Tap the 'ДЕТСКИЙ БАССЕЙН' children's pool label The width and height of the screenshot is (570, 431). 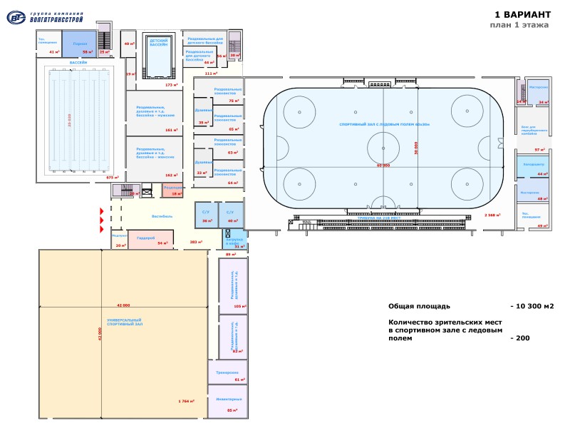[x=158, y=43]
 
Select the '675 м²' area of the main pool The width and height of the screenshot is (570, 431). [x=111, y=177]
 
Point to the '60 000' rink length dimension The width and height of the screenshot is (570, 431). [x=383, y=166]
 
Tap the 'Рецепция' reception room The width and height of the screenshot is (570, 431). [x=172, y=187]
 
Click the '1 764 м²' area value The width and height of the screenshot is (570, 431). [x=187, y=401]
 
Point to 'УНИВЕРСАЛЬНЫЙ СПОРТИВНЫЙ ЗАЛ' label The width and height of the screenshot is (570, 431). [x=124, y=322]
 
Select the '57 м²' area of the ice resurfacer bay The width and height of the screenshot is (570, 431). [x=539, y=150]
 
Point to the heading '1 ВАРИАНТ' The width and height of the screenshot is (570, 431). [x=522, y=14]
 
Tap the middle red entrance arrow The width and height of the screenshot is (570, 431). [x=102, y=220]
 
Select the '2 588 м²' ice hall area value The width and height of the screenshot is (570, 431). [x=491, y=214]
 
